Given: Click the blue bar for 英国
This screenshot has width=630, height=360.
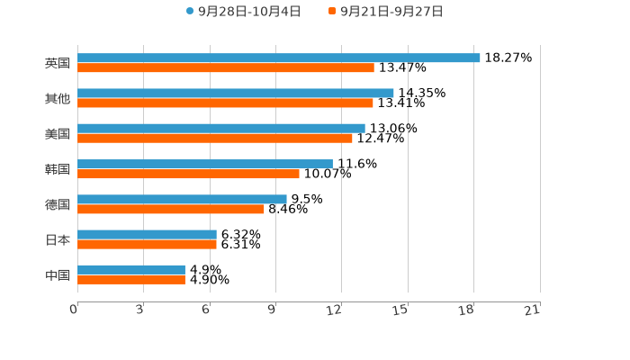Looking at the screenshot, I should point(279,58).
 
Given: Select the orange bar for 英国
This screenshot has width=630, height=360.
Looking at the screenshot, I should point(226,67).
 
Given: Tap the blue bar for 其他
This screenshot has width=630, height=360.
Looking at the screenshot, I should point(236,93).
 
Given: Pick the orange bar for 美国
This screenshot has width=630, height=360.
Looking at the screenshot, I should point(215,139).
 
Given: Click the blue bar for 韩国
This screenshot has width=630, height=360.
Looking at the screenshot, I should point(205,164).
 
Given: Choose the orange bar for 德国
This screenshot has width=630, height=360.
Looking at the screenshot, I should point(171,209).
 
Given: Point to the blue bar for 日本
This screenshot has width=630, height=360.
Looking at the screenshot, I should point(147,234).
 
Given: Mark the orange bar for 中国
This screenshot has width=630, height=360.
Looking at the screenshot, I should point(131,279).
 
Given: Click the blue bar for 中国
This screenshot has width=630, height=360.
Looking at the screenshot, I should point(131,269).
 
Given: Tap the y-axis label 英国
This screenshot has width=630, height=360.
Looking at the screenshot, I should point(58,63).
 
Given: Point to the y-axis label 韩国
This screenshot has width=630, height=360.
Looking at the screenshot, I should point(58,169).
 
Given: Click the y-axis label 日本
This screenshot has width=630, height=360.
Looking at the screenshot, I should point(58,239).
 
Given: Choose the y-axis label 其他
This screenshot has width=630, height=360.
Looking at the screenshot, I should point(58,98).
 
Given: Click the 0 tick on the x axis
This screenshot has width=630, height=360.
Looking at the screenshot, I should point(75,310).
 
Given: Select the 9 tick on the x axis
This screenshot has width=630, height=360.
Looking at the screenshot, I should point(273,310).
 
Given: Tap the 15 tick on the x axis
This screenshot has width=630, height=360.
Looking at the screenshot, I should point(401,310).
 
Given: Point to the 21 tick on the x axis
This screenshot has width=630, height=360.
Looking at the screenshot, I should point(534,310).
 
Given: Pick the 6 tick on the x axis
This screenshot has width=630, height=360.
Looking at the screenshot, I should point(207,310).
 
